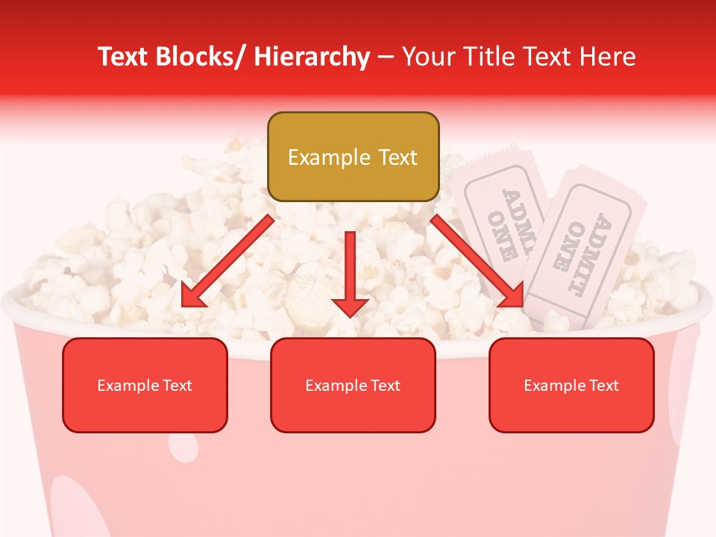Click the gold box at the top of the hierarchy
tap(353, 157)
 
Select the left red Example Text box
tap(145, 385)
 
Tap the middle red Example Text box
tap(353, 385)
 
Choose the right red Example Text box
tap(571, 385)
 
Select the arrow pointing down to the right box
tap(477, 262)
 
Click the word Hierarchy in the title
tap(312, 57)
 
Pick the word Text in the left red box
tap(177, 386)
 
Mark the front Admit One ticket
tap(585, 250)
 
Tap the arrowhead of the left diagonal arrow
tap(194, 298)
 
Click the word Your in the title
tap(429, 57)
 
